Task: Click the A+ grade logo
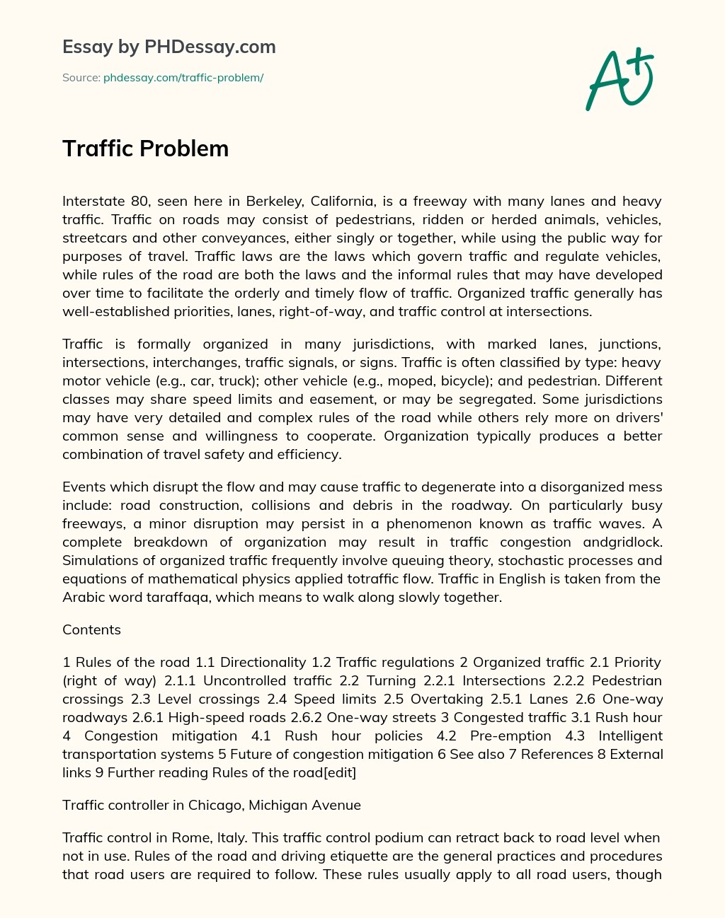pos(620,79)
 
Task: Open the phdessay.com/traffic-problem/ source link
pos(183,78)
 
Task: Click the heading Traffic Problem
pos(145,149)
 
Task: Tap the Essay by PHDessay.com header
pos(169,47)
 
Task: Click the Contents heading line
pos(91,630)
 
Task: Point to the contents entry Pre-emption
pos(510,736)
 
